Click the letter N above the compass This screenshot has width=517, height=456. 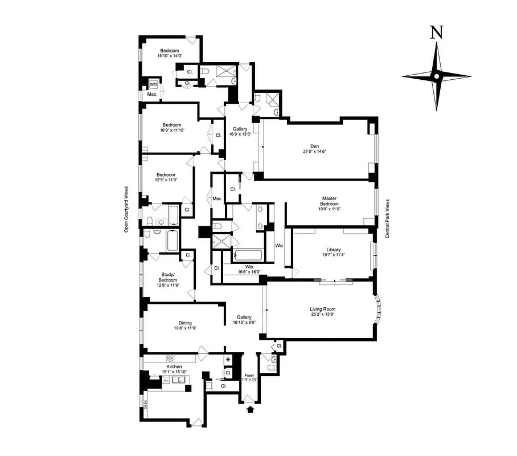pyautogui.click(x=436, y=32)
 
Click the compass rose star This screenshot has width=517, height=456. pyautogui.click(x=436, y=76)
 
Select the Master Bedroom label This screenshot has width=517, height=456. pyautogui.click(x=329, y=201)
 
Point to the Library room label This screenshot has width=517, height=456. pyautogui.click(x=333, y=249)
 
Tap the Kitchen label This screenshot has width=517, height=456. pyautogui.click(x=174, y=367)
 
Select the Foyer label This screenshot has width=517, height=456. pyautogui.click(x=249, y=375)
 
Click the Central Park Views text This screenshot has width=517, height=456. pyautogui.click(x=387, y=218)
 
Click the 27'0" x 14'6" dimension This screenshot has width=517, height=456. pyautogui.click(x=314, y=152)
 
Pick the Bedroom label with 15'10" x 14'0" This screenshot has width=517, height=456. pyautogui.click(x=170, y=53)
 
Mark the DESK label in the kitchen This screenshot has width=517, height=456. pyautogui.click(x=146, y=405)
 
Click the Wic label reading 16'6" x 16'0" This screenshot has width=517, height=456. pyautogui.click(x=249, y=269)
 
